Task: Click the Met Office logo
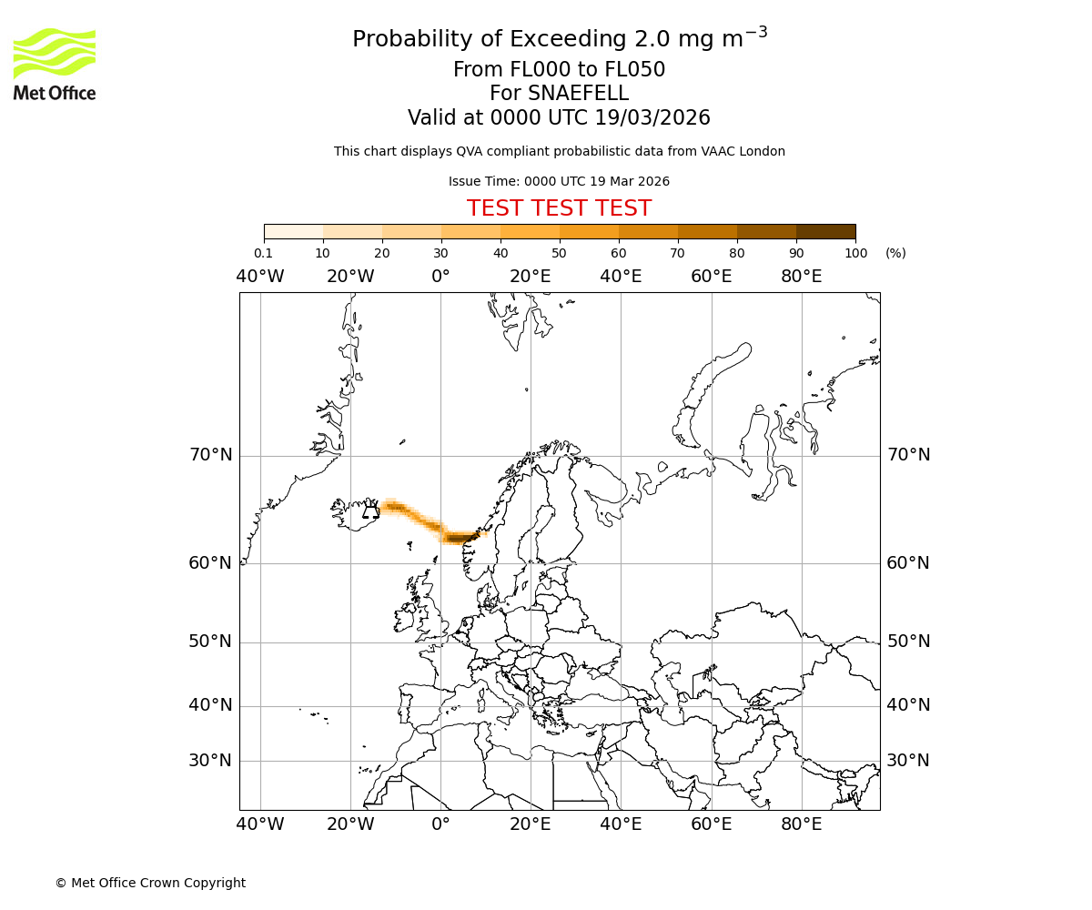pyautogui.click(x=55, y=64)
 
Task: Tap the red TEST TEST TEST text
pyautogui.click(x=559, y=208)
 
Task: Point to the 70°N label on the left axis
pyautogui.click(x=210, y=455)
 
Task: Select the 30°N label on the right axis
pyautogui.click(x=908, y=761)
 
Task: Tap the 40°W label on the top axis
pyautogui.click(x=260, y=277)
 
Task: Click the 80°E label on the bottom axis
pyautogui.click(x=802, y=824)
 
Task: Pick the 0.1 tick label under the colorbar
pyautogui.click(x=264, y=253)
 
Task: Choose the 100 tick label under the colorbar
pyautogui.click(x=855, y=253)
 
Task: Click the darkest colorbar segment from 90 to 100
pyautogui.click(x=825, y=231)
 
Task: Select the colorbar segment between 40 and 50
pyautogui.click(x=530, y=231)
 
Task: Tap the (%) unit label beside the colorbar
pyautogui.click(x=895, y=253)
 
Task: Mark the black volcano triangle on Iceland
pyautogui.click(x=370, y=512)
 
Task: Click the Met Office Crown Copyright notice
pyautogui.click(x=150, y=883)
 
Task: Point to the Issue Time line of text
pyautogui.click(x=559, y=182)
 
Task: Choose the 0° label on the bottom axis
pyautogui.click(x=440, y=824)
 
